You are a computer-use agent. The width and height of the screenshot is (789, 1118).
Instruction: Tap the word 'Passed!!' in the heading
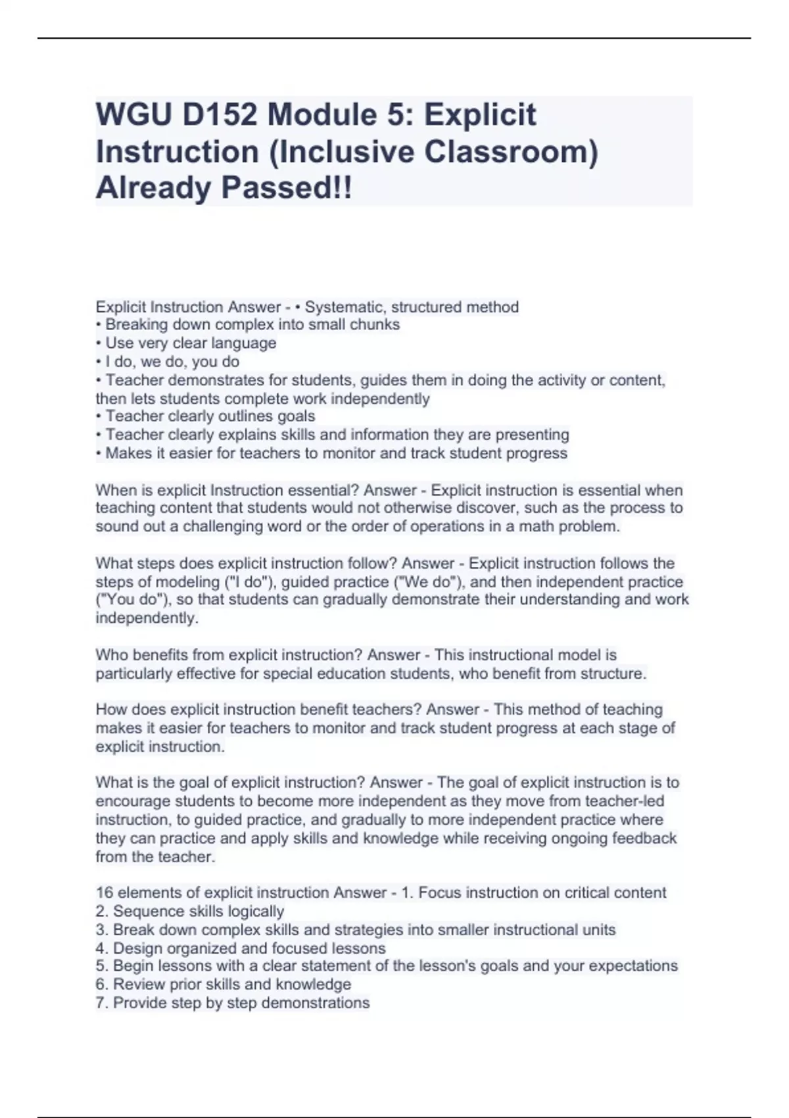(286, 188)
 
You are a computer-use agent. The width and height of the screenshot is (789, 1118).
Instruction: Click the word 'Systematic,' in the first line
(346, 307)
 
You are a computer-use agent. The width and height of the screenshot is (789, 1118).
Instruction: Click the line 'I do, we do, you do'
(172, 362)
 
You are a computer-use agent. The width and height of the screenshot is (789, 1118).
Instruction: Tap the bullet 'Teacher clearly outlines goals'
(210, 416)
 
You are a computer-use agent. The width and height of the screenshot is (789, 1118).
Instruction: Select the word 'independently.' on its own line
(147, 618)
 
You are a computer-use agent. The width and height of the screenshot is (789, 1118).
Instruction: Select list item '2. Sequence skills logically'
(190, 911)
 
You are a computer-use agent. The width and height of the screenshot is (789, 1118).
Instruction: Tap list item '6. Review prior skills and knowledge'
(224, 984)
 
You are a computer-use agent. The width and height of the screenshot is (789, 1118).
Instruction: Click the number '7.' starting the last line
(102, 1003)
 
